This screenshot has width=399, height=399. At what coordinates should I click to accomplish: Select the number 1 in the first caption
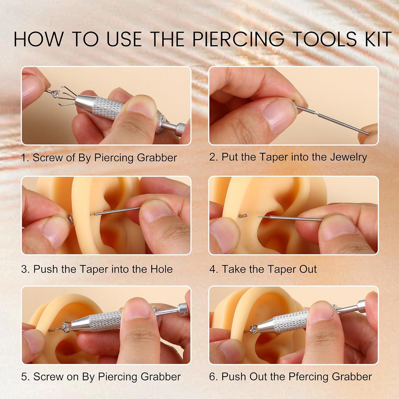tap(24, 158)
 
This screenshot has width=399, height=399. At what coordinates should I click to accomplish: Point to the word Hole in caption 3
tap(161, 269)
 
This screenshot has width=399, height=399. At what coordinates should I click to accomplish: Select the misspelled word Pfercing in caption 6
tap(308, 377)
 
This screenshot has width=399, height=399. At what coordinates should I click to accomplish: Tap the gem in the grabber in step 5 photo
tap(65, 326)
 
